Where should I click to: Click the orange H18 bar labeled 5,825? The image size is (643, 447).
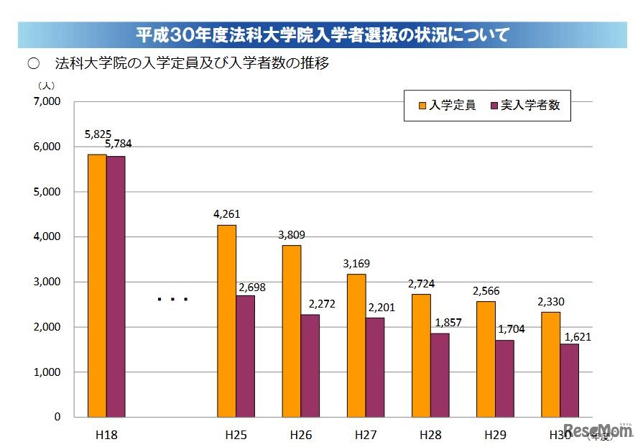point(97,285)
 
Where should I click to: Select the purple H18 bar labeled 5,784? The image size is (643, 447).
point(116,286)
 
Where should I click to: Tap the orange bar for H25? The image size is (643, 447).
point(226,321)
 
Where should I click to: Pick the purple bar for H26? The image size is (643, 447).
point(310,366)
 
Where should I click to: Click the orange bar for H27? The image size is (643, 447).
point(356,345)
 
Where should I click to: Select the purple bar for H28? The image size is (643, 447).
point(440,374)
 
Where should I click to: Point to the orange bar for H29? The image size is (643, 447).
point(486,359)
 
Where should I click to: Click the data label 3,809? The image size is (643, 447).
point(292,234)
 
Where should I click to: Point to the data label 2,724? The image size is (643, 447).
point(421,283)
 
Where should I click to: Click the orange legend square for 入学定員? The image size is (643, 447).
point(422,106)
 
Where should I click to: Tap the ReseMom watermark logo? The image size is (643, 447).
point(603,429)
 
